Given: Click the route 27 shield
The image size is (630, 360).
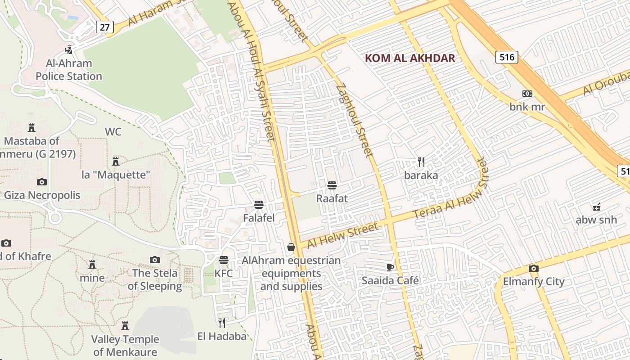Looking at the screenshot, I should [104, 27].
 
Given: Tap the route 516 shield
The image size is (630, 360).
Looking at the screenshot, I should [507, 57].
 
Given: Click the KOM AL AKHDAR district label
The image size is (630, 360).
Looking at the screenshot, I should [410, 58].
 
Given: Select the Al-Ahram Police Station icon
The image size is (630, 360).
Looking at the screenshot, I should [69, 49].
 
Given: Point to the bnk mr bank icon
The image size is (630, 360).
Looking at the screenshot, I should [527, 94].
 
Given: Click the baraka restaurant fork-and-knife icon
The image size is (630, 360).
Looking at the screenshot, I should [421, 162].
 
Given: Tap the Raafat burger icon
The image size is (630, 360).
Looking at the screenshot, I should [332, 185].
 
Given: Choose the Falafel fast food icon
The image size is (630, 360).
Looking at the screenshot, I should [258, 205].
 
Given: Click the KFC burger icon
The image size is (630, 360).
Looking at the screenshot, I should [223, 260].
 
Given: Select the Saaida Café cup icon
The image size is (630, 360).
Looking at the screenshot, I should [390, 268].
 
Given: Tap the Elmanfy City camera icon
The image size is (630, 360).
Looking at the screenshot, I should [534, 269].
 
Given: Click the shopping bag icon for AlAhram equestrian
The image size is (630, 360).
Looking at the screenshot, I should [291, 247].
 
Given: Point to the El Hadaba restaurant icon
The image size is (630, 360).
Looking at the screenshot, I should [222, 323].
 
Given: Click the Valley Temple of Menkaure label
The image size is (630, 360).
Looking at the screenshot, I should [125, 345].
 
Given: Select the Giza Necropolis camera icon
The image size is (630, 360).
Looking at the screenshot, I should [42, 182].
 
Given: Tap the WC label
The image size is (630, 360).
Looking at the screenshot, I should [113, 132].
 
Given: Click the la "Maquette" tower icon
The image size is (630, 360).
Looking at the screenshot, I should [116, 161].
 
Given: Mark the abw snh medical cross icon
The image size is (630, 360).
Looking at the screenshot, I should [597, 207].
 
